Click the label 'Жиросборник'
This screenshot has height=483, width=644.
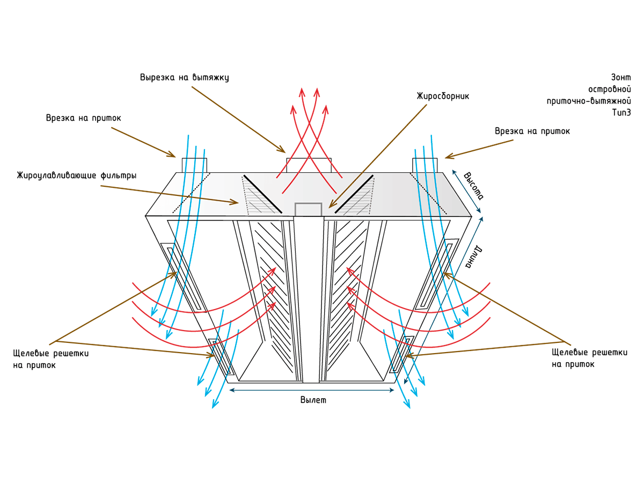pyautogui.click(x=443, y=96)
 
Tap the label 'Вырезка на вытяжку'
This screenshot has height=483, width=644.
pyautogui.click(x=184, y=77)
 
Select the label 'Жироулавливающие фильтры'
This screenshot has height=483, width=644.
pyautogui.click(x=77, y=175)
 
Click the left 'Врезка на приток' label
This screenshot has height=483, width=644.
pyautogui.click(x=84, y=118)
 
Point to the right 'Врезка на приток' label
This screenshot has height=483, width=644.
pyautogui.click(x=532, y=131)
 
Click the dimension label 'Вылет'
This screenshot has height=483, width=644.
pyautogui.click(x=313, y=400)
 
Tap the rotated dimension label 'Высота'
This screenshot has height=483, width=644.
pyautogui.click(x=473, y=186)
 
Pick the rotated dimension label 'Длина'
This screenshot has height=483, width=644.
pyautogui.click(x=474, y=257)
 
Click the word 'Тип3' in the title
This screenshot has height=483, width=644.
pyautogui.click(x=621, y=113)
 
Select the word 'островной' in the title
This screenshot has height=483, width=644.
pyautogui.click(x=609, y=89)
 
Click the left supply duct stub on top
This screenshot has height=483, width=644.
pyautogui.click(x=194, y=165)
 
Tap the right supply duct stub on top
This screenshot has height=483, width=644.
pyautogui.click(x=425, y=165)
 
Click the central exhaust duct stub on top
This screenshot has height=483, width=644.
pyautogui.click(x=309, y=165)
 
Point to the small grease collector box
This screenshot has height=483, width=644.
pyautogui.click(x=309, y=209)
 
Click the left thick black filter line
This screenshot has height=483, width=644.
pyautogui.click(x=262, y=194)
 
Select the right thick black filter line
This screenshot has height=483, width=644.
pyautogui.click(x=354, y=194)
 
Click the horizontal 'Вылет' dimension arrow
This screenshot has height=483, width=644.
pyautogui.click(x=312, y=390)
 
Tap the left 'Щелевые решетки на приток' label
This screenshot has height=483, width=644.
pyautogui.click(x=51, y=359)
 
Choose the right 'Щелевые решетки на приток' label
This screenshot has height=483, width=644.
pyautogui.click(x=589, y=358)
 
